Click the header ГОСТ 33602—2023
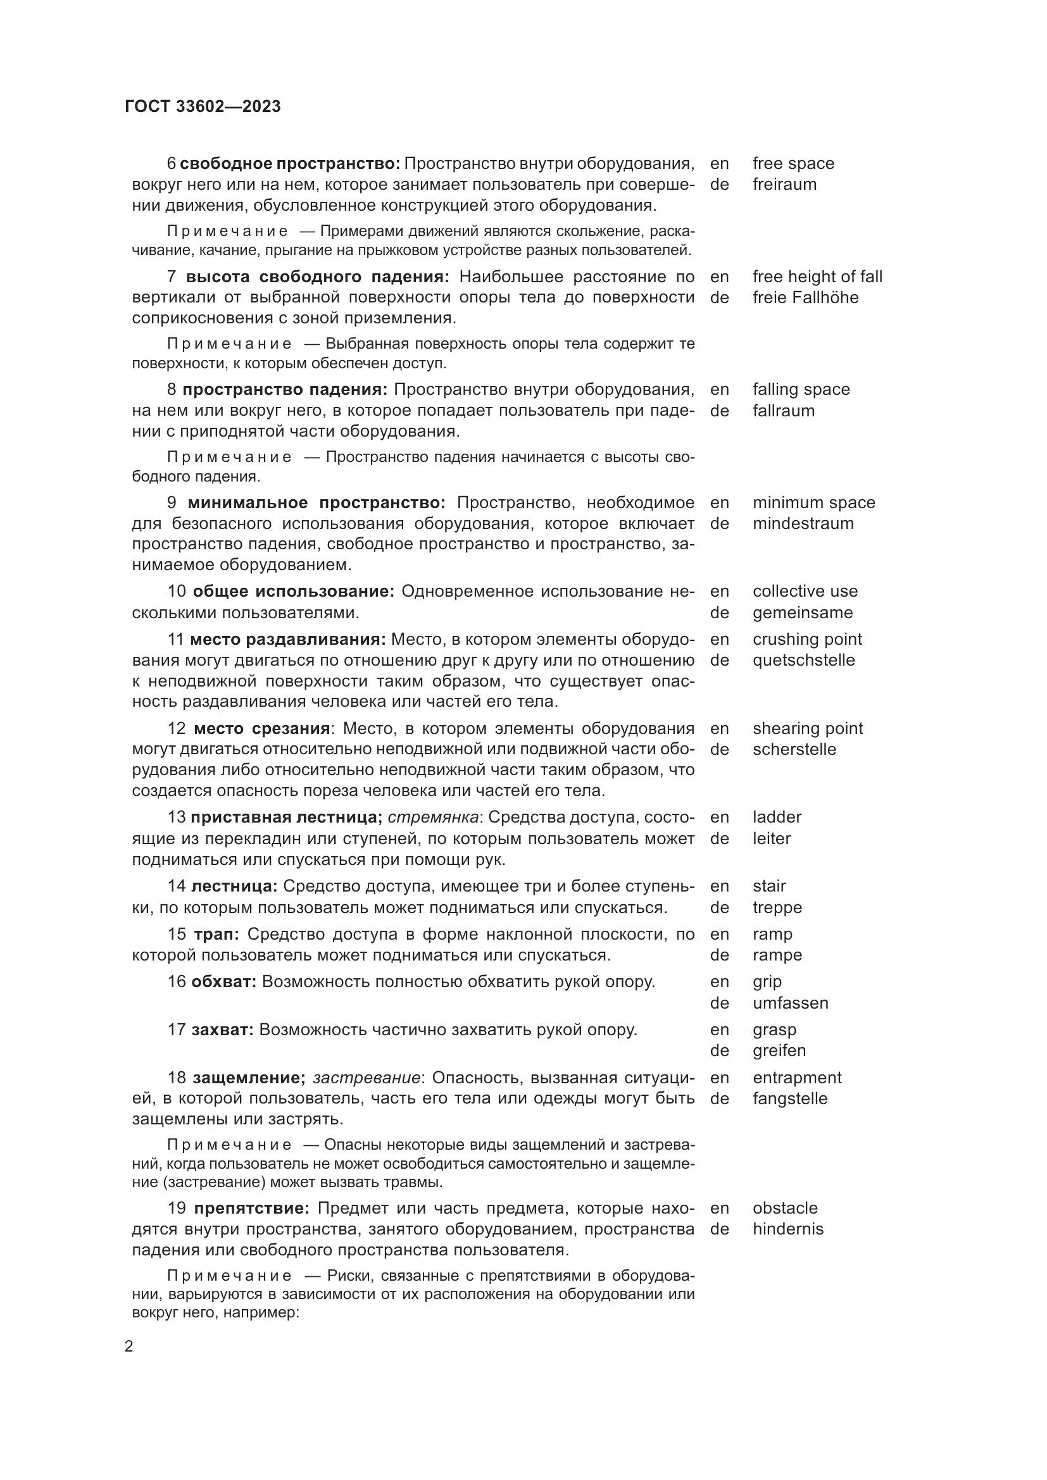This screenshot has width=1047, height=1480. [203, 107]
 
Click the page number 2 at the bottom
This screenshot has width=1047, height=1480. [129, 1346]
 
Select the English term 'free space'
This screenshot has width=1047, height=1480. [793, 164]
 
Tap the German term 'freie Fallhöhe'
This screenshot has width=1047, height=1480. [805, 298]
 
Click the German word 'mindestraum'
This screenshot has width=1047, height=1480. [803, 524]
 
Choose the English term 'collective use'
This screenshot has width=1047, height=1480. [805, 592]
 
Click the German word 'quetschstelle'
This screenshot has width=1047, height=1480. [803, 661]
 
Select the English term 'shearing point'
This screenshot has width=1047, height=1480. [807, 729]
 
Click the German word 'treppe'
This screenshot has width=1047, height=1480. [777, 908]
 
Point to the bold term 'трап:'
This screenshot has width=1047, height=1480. [216, 935]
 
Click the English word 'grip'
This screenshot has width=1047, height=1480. [767, 983]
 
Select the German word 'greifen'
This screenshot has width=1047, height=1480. [779, 1051]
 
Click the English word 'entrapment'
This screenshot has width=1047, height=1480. [797, 1078]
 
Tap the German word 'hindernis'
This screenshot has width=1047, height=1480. [788, 1229]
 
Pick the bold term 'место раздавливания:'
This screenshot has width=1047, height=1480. [287, 640]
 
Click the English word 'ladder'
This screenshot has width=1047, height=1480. [777, 818]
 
